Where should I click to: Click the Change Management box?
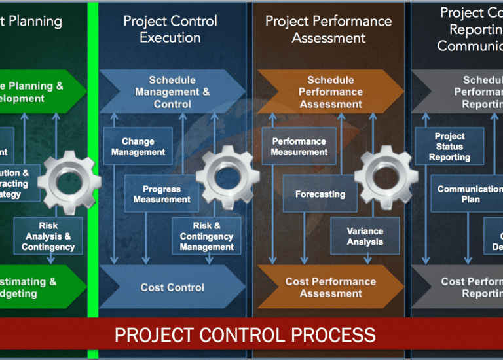point(138,147)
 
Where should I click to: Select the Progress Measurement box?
point(162,194)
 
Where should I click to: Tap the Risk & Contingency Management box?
point(206,236)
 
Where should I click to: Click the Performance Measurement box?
point(299,147)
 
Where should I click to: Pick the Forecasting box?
point(320,194)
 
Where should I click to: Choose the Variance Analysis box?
point(365,236)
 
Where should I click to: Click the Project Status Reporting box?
point(449,147)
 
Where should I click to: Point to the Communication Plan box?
point(469,194)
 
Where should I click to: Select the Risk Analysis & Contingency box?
point(48,236)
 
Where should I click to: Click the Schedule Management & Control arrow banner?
point(172,92)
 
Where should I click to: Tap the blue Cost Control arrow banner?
point(172,287)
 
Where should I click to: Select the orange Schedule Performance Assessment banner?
point(330,92)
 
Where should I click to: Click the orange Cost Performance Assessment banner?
point(330,287)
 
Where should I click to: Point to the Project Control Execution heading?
point(170,29)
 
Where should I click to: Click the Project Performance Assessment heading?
point(328,29)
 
